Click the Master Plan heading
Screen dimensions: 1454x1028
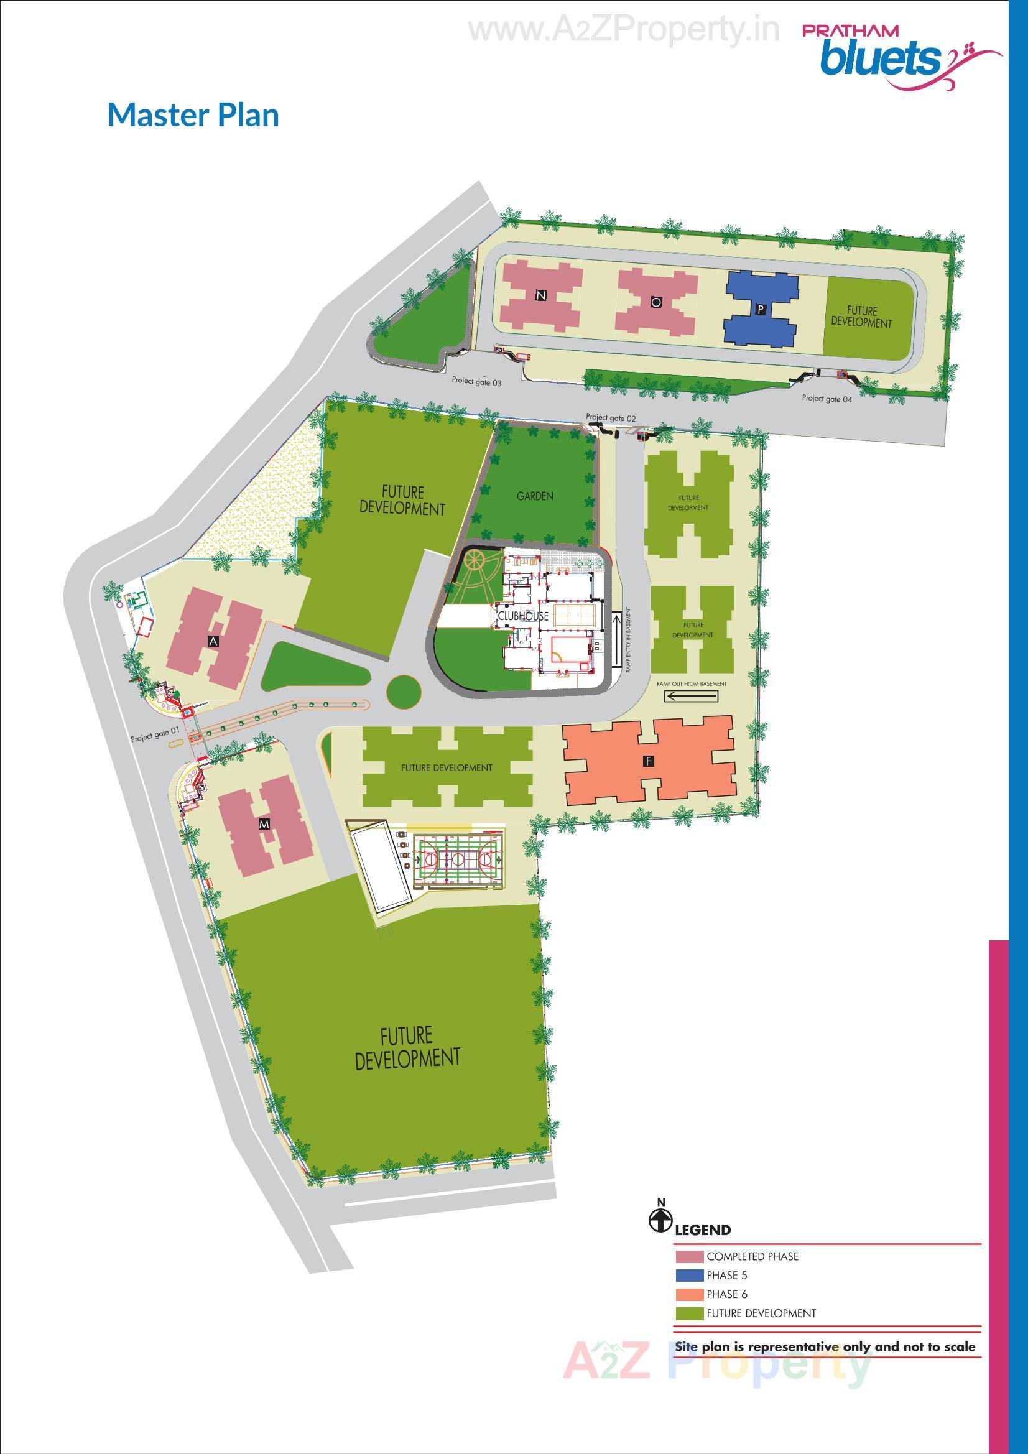click(x=193, y=115)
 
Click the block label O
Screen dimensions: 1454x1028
click(x=656, y=302)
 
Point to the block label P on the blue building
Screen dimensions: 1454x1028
click(x=761, y=309)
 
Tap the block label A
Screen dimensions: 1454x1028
click(x=214, y=642)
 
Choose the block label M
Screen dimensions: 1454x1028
click(x=264, y=824)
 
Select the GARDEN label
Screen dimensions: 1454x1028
click(x=535, y=496)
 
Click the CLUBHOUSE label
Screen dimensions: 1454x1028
click(x=514, y=616)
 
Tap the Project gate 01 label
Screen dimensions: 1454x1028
click(x=155, y=737)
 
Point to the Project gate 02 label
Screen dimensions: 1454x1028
click(x=611, y=417)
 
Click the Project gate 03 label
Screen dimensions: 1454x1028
click(x=476, y=382)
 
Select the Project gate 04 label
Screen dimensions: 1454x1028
click(x=827, y=399)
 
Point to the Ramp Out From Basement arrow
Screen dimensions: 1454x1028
click(x=691, y=697)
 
